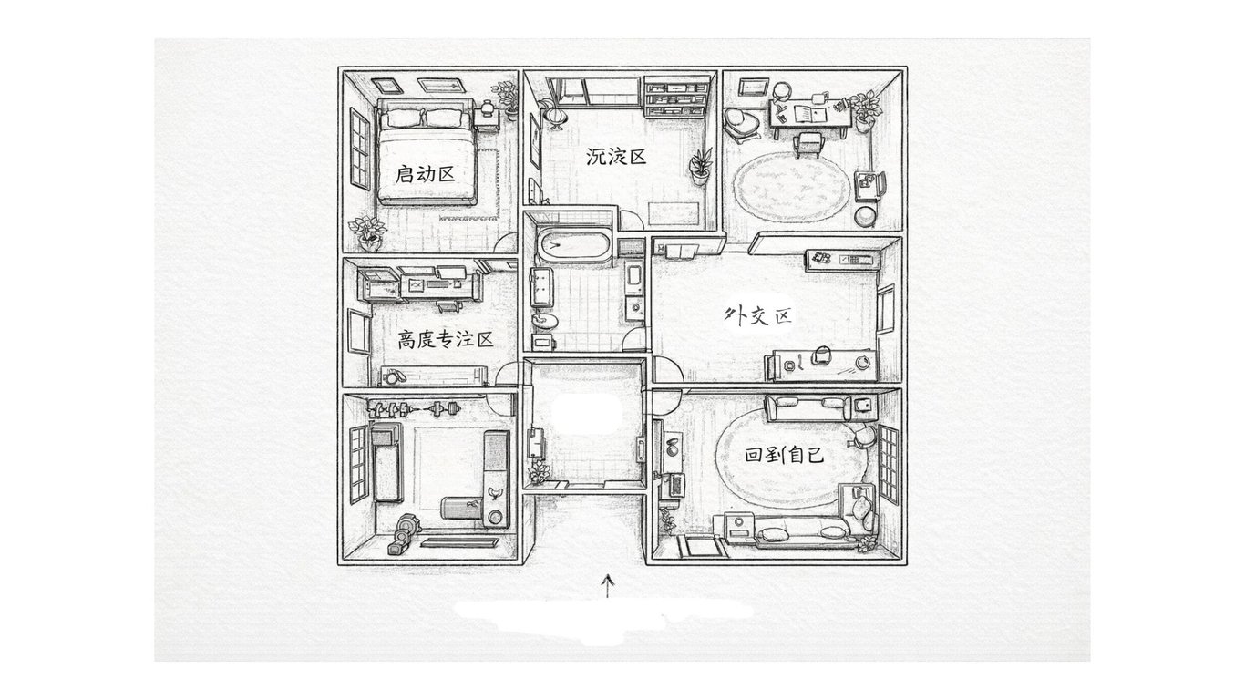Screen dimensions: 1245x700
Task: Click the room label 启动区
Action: [x=425, y=173]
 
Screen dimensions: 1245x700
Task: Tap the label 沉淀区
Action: [x=616, y=157]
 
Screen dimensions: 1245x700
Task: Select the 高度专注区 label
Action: [x=446, y=340]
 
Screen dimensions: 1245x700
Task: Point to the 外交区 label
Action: [x=756, y=316]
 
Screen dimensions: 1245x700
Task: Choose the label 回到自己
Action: [x=785, y=453]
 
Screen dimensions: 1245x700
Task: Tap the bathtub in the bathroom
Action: [x=572, y=246]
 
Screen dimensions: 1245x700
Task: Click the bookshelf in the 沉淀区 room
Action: [x=675, y=97]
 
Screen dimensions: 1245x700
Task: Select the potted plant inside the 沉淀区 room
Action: [x=701, y=166]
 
